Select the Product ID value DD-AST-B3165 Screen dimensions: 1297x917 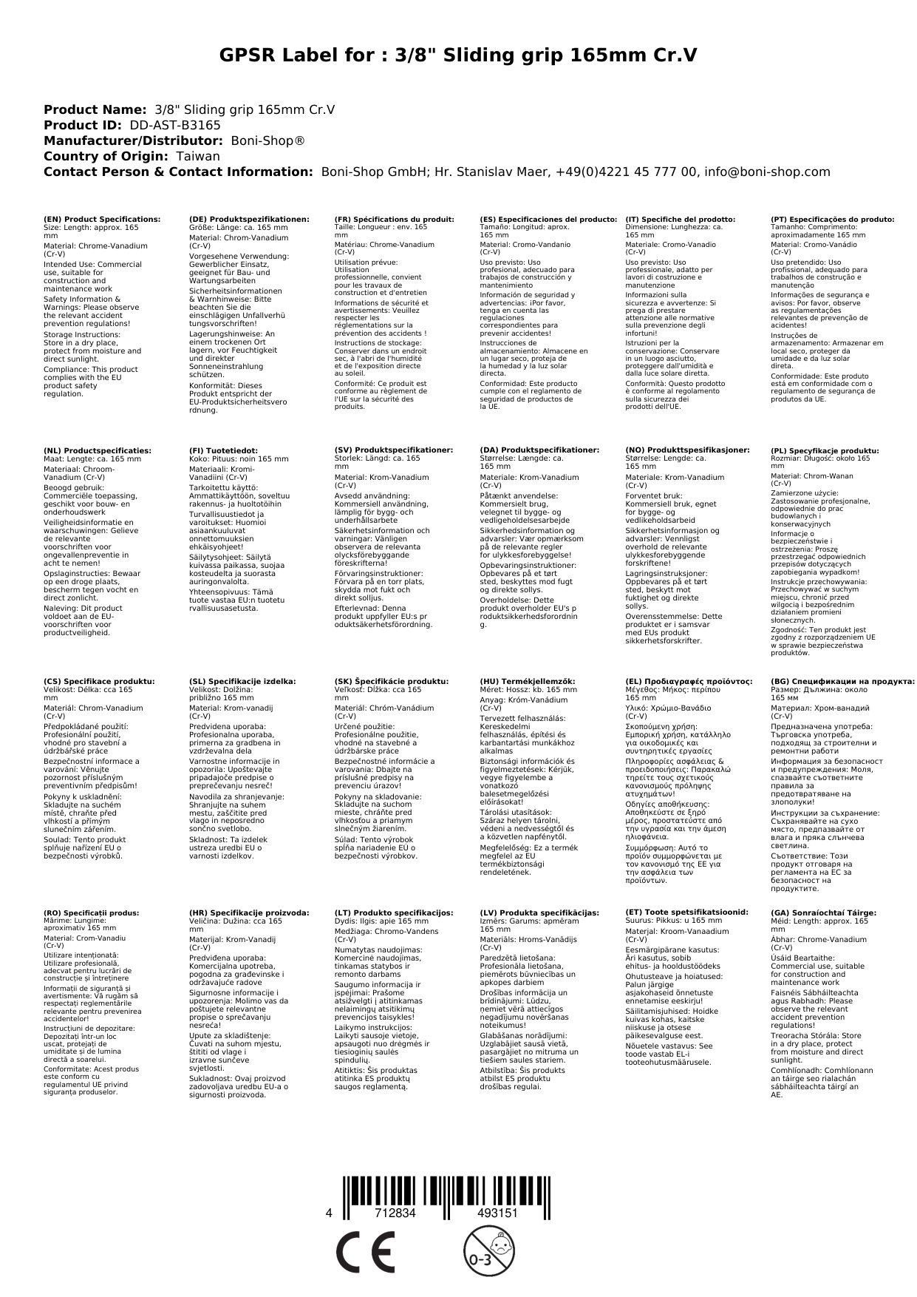point(175,125)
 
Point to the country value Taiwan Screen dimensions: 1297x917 point(197,156)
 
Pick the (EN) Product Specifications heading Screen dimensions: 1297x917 point(102,220)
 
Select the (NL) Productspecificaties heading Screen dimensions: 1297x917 point(98,450)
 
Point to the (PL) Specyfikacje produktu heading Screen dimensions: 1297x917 point(825,450)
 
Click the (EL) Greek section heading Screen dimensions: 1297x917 point(689,682)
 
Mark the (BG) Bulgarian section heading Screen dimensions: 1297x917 point(842,682)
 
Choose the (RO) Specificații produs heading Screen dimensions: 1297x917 point(92,913)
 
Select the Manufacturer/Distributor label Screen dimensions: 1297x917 point(134,140)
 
